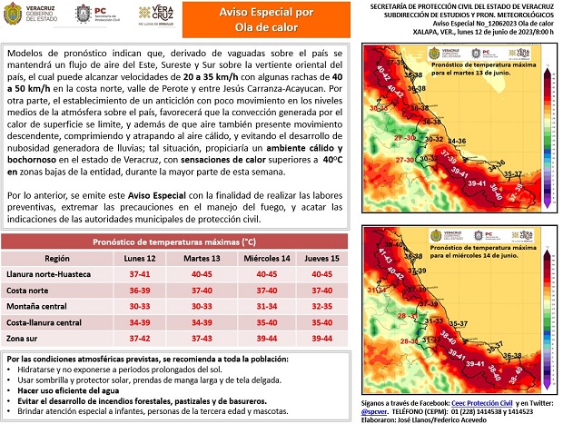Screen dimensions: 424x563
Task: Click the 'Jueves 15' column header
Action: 321,259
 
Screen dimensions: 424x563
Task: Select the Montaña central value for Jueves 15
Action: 321,306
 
